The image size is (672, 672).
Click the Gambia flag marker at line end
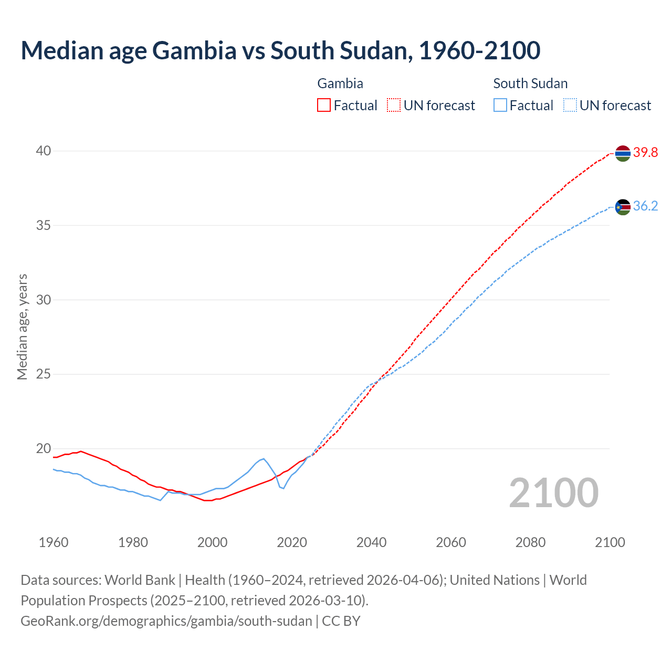tap(623, 153)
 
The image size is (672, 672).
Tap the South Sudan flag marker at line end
tap(623, 207)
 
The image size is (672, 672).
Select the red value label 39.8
tap(645, 153)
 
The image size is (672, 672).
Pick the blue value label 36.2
tap(645, 206)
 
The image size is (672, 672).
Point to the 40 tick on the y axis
tap(43, 151)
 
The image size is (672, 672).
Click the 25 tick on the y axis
tap(43, 374)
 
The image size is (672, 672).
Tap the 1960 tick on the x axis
tap(54, 542)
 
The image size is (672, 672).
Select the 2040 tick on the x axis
tap(371, 542)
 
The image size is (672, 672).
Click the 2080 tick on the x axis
tap(530, 542)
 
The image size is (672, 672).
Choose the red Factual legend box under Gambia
tap(324, 106)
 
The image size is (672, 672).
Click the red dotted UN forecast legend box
tap(394, 106)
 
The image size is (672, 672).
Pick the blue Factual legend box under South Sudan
tap(500, 106)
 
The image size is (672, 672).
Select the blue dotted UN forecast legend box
tap(570, 106)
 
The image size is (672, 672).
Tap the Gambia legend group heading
tap(340, 83)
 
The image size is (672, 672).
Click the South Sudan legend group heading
tap(530, 83)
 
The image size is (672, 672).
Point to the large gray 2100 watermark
tap(554, 492)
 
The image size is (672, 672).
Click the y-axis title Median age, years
tap(22, 327)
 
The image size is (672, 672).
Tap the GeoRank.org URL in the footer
tap(166, 621)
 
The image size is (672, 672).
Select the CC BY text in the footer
tap(341, 621)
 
